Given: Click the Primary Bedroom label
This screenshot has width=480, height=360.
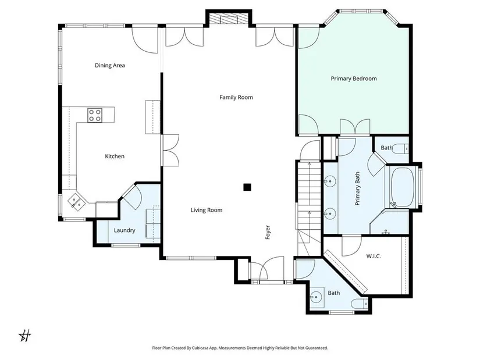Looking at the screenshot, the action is [354, 79].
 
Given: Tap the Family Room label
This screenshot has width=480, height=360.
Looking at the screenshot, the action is [236, 97].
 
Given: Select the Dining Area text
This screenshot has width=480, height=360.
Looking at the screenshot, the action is [109, 65].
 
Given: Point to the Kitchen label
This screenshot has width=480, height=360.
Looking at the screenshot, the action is [115, 156].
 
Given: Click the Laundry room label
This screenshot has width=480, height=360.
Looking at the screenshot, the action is [125, 230].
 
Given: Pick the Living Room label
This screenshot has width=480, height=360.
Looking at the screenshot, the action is [207, 210].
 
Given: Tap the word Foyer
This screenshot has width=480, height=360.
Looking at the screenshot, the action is [268, 233].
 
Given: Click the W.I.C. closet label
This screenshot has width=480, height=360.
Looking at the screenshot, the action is [374, 256].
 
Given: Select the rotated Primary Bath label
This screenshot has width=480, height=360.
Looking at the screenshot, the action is [357, 188].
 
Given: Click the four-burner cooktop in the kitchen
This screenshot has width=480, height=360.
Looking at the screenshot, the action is [95, 115].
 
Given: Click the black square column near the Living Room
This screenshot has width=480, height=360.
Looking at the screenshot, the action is [247, 187].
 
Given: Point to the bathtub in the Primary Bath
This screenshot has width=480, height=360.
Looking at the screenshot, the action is [402, 187].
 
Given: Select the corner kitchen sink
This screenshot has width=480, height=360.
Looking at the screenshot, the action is [76, 202].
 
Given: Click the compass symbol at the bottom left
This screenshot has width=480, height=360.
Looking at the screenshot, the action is [25, 336].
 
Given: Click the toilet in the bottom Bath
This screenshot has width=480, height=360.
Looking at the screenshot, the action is [359, 304].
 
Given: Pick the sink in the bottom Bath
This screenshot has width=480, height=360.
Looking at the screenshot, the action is [316, 297].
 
